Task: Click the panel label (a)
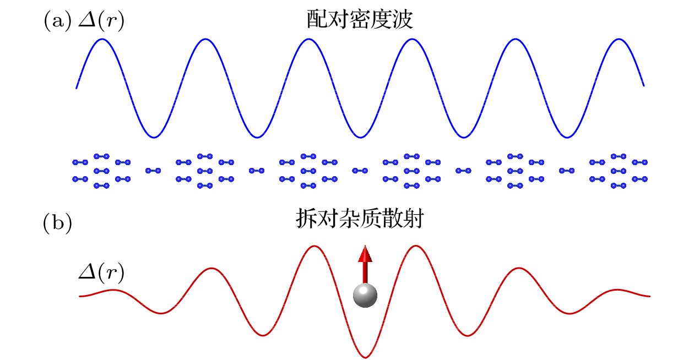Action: point(57,21)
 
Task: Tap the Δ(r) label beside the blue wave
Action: point(101,22)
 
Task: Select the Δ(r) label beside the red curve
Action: point(101,272)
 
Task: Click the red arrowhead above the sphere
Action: point(365,255)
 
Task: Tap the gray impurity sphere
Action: point(365,296)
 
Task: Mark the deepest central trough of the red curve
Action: point(365,357)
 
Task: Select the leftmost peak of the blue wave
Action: point(101,39)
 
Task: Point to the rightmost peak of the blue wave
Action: point(619,39)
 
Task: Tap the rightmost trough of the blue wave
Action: point(567,137)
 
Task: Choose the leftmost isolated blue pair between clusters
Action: point(153,171)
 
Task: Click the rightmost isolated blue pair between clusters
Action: point(567,171)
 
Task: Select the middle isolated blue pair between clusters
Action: point(360,171)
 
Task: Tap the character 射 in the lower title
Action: point(413,220)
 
